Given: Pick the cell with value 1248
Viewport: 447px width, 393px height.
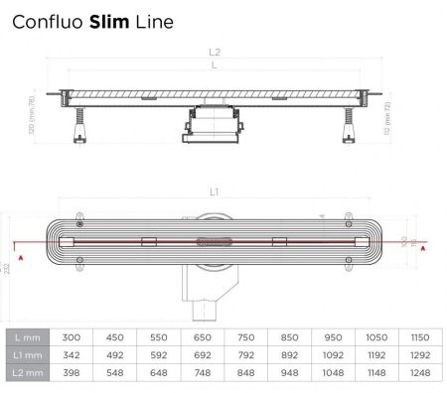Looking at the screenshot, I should (419, 373).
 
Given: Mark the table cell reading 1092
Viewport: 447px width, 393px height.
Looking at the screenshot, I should (330, 354).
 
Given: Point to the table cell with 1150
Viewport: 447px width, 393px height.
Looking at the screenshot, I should (419, 336).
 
